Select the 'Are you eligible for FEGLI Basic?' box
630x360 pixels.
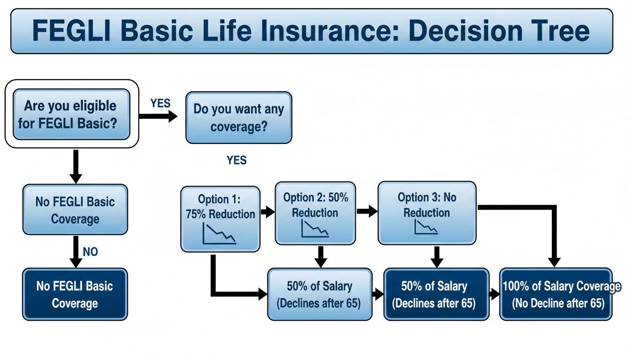pos(71,114)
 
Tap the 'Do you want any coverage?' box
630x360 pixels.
pos(239,117)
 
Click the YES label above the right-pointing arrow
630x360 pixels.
pos(160,103)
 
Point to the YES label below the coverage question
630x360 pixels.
pos(236,160)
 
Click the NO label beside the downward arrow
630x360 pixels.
pos(90,252)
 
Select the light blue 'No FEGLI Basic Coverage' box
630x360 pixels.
pos(75,210)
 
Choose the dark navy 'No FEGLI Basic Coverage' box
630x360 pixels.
pos(75,294)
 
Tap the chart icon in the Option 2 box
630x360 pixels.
pos(315,228)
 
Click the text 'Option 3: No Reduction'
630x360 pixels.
pos(427,205)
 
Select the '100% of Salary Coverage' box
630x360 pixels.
pos(556,294)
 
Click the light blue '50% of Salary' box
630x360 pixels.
pos(319,294)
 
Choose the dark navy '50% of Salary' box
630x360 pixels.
pos(434,294)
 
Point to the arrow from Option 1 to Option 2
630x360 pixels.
pos(267,212)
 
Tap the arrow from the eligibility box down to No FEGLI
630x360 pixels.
pos(75,166)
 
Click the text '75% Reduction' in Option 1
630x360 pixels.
pos(220,214)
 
